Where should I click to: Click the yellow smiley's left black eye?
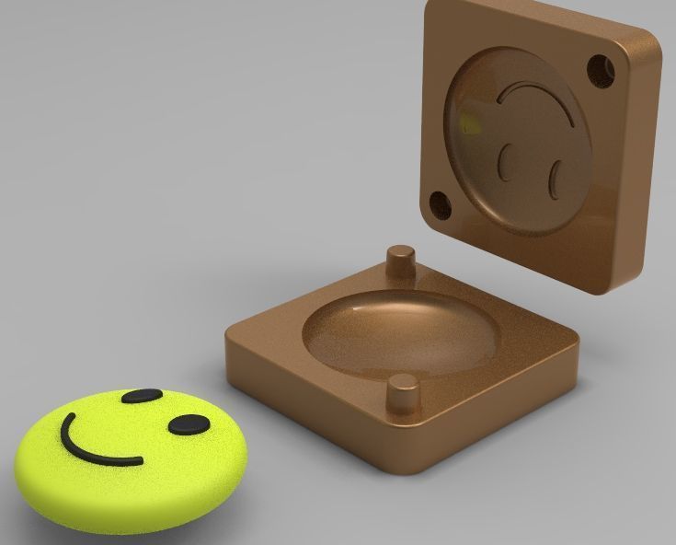coord(141,397)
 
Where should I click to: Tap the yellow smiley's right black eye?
coord(189,424)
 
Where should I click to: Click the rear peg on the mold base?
coord(400,260)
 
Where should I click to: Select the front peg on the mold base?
coord(402,393)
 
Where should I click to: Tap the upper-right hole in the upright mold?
coord(600,68)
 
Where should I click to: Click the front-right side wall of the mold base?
coord(501,414)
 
